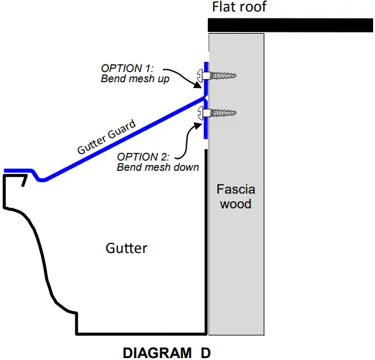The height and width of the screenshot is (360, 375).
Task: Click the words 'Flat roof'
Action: click(x=239, y=8)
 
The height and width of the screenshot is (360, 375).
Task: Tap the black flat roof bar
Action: click(x=291, y=25)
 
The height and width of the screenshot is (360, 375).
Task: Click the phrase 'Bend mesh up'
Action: click(x=135, y=79)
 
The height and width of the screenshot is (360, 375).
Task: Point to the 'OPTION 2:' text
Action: click(x=142, y=157)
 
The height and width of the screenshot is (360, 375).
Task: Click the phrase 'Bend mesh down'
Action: click(x=158, y=167)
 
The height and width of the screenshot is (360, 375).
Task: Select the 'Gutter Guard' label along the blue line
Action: click(x=107, y=139)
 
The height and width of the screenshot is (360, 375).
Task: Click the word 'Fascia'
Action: click(x=235, y=189)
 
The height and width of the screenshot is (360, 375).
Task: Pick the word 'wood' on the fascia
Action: click(x=235, y=204)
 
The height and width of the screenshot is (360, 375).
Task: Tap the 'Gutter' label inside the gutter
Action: click(x=126, y=247)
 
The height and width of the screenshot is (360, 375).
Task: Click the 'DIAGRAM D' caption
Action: click(x=166, y=352)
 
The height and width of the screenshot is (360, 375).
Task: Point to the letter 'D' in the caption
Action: click(x=205, y=352)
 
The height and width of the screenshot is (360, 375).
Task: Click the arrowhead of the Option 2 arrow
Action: click(x=198, y=123)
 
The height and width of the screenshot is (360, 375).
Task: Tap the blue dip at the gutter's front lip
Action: click(x=40, y=178)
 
